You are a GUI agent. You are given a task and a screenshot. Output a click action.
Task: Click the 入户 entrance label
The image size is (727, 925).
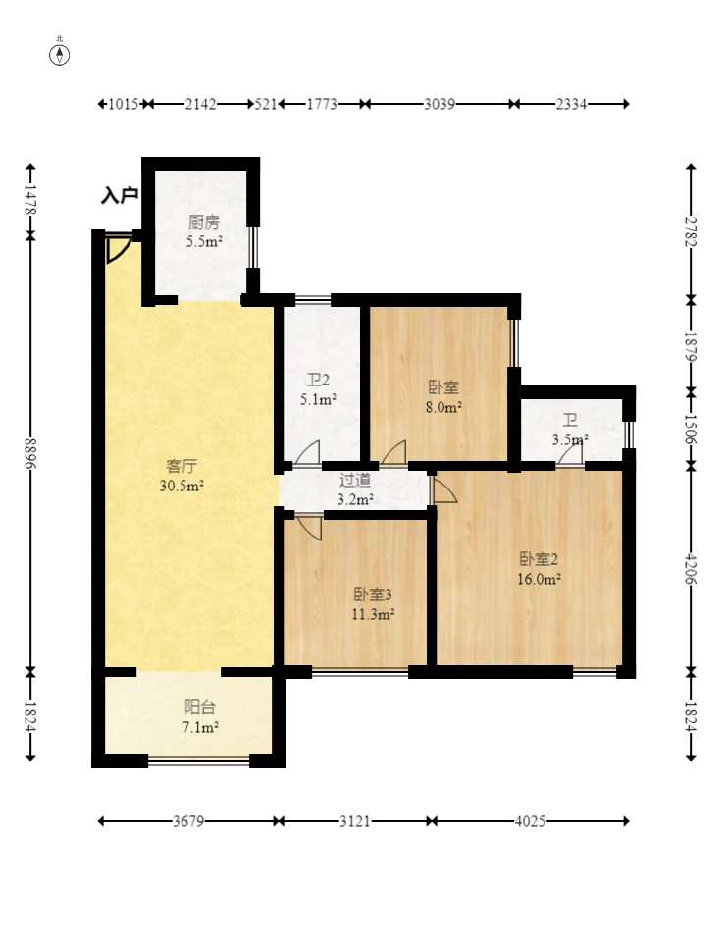click(120, 195)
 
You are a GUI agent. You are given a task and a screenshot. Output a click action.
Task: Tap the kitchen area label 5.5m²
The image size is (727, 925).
click(204, 241)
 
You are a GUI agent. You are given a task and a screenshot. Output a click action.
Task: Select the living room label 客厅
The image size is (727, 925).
click(182, 466)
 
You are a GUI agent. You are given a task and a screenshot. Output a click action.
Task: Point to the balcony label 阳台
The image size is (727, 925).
click(200, 707)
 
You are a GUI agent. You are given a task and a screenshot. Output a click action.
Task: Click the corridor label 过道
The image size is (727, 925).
click(355, 481)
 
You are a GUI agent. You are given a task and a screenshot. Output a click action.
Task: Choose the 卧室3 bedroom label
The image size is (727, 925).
click(373, 594)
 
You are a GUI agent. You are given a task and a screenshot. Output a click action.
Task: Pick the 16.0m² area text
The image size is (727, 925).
click(539, 580)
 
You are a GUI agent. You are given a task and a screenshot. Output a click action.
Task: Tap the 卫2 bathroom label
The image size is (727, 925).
click(318, 380)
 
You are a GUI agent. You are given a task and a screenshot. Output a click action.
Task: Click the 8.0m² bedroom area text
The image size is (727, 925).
click(443, 407)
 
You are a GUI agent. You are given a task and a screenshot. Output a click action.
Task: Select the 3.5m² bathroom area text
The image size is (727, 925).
click(570, 440)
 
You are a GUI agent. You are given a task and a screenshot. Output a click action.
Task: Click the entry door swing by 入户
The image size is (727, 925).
click(119, 249)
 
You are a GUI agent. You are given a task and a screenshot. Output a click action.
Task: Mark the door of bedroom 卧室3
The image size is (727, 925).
click(309, 528)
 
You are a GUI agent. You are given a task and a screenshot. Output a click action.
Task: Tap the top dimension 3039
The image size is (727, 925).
click(440, 104)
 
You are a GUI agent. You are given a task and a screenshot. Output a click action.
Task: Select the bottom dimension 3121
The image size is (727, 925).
click(354, 821)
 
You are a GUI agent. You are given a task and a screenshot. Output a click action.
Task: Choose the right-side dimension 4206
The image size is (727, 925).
click(691, 568)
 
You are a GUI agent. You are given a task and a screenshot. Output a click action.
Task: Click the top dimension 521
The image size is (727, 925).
click(266, 104)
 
